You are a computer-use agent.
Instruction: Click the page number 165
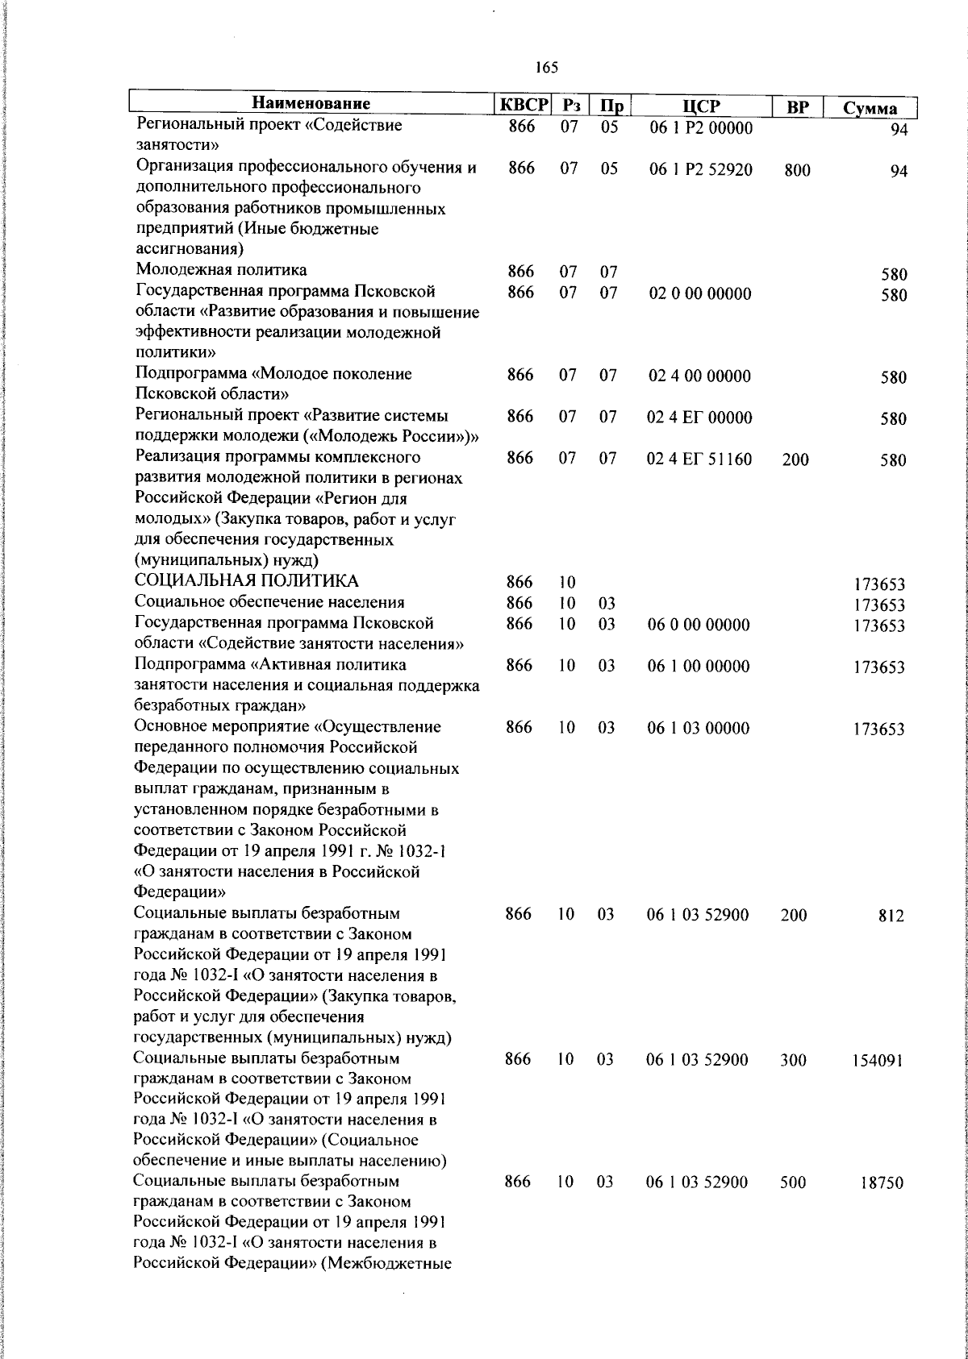pyautogui.click(x=546, y=69)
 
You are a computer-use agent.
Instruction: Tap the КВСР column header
pyautogui.click(x=522, y=106)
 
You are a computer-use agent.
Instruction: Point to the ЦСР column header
pyautogui.click(x=700, y=106)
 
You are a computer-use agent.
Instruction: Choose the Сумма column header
pyautogui.click(x=870, y=108)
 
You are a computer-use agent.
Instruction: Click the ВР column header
pyautogui.click(x=797, y=107)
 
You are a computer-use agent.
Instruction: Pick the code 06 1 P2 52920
pyautogui.click(x=700, y=169)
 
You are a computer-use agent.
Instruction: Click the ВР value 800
pyautogui.click(x=797, y=170)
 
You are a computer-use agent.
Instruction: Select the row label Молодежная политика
pyautogui.click(x=221, y=270)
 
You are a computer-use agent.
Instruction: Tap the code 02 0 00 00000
pyautogui.click(x=699, y=293)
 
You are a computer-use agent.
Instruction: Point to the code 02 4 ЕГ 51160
pyautogui.click(x=699, y=459)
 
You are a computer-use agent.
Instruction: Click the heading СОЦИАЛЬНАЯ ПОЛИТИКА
pyautogui.click(x=247, y=582)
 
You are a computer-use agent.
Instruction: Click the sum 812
pyautogui.click(x=891, y=916)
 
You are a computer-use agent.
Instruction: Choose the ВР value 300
pyautogui.click(x=794, y=1060)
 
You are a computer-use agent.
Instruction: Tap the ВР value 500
pyautogui.click(x=794, y=1182)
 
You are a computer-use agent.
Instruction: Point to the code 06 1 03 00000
pyautogui.click(x=699, y=728)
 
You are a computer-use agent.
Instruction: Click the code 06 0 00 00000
pyautogui.click(x=699, y=625)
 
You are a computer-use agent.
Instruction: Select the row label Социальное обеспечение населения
pyautogui.click(x=269, y=602)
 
